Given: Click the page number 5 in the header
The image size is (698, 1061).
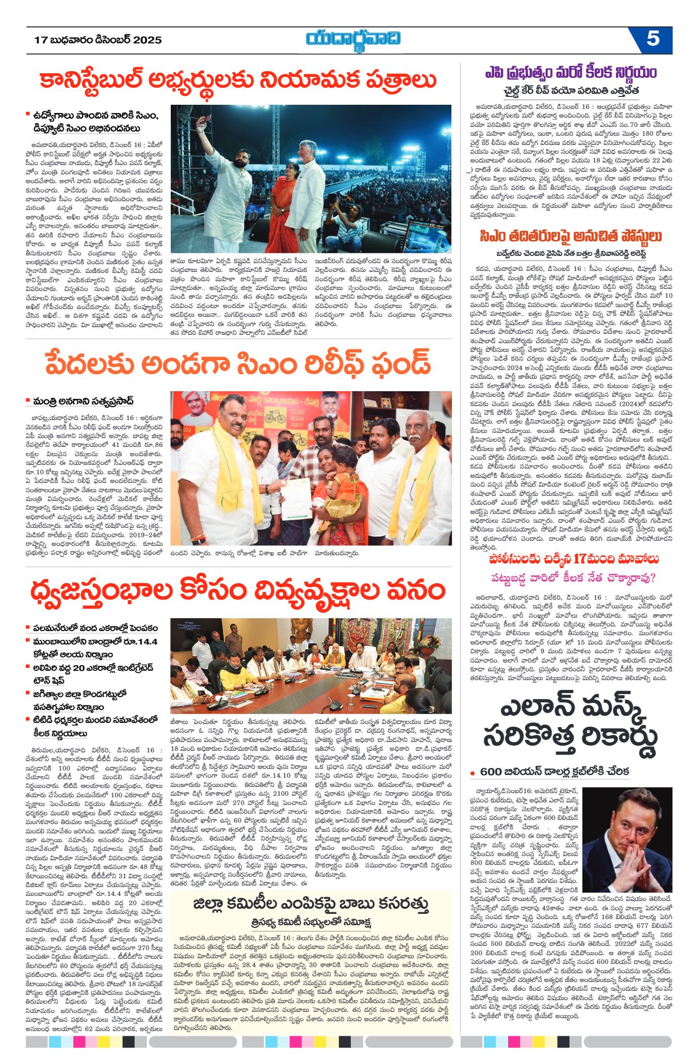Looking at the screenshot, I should click(x=653, y=39).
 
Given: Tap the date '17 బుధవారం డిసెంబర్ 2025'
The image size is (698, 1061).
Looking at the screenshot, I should click(x=98, y=40).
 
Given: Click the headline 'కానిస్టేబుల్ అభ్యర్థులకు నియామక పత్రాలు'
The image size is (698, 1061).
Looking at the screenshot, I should click(x=238, y=81).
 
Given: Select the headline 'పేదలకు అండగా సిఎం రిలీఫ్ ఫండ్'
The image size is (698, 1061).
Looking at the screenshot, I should click(x=238, y=363).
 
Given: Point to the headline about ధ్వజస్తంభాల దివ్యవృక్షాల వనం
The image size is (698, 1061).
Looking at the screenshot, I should click(x=238, y=590).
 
